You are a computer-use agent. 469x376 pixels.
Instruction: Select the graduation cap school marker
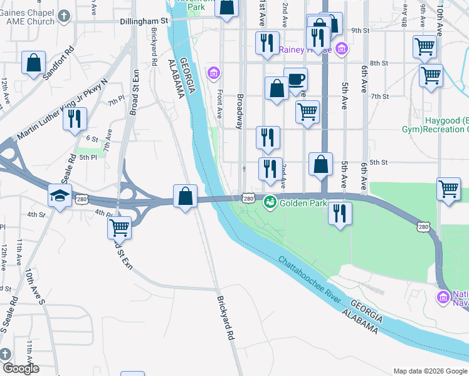(x=60, y=196)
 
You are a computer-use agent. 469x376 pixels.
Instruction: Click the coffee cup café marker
(x=295, y=80)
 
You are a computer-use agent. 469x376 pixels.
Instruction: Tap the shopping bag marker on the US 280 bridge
(x=185, y=196)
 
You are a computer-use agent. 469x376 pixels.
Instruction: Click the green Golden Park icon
(x=270, y=202)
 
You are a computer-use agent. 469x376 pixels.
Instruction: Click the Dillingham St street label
(x=144, y=21)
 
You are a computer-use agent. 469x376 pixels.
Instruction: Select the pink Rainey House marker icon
(x=341, y=48)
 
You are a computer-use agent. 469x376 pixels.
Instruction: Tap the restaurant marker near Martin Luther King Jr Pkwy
(x=75, y=118)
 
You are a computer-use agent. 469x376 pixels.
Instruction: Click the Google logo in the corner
(x=20, y=368)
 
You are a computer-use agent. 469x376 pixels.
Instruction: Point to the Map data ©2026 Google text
(x=430, y=371)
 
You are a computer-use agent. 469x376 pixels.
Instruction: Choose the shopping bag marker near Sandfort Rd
(x=34, y=63)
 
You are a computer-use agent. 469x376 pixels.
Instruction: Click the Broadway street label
(x=240, y=111)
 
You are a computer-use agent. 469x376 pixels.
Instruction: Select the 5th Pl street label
(x=88, y=157)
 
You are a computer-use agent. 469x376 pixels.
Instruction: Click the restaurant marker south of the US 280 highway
(x=339, y=214)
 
